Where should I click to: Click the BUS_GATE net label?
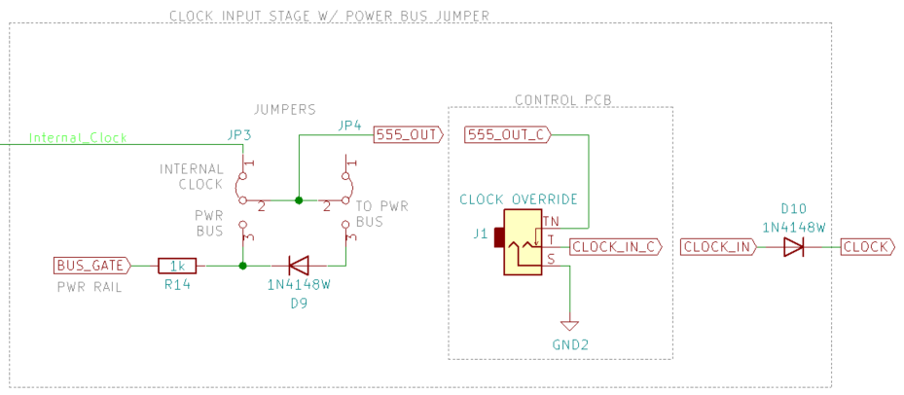tap(90, 265)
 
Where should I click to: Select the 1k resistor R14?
tap(178, 265)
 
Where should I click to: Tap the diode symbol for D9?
tap(299, 265)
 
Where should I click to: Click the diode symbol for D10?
tap(793, 247)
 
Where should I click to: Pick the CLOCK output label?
tap(866, 247)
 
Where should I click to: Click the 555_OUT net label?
tap(408, 134)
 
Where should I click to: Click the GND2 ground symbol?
tap(569, 325)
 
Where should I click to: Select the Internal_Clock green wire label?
tap(78, 138)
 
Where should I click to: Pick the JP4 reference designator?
tap(349, 126)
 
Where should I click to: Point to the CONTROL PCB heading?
tap(560, 99)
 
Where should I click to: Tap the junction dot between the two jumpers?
tap(299, 200)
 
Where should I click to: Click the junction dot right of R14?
tap(241, 265)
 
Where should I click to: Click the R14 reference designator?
tap(177, 286)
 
